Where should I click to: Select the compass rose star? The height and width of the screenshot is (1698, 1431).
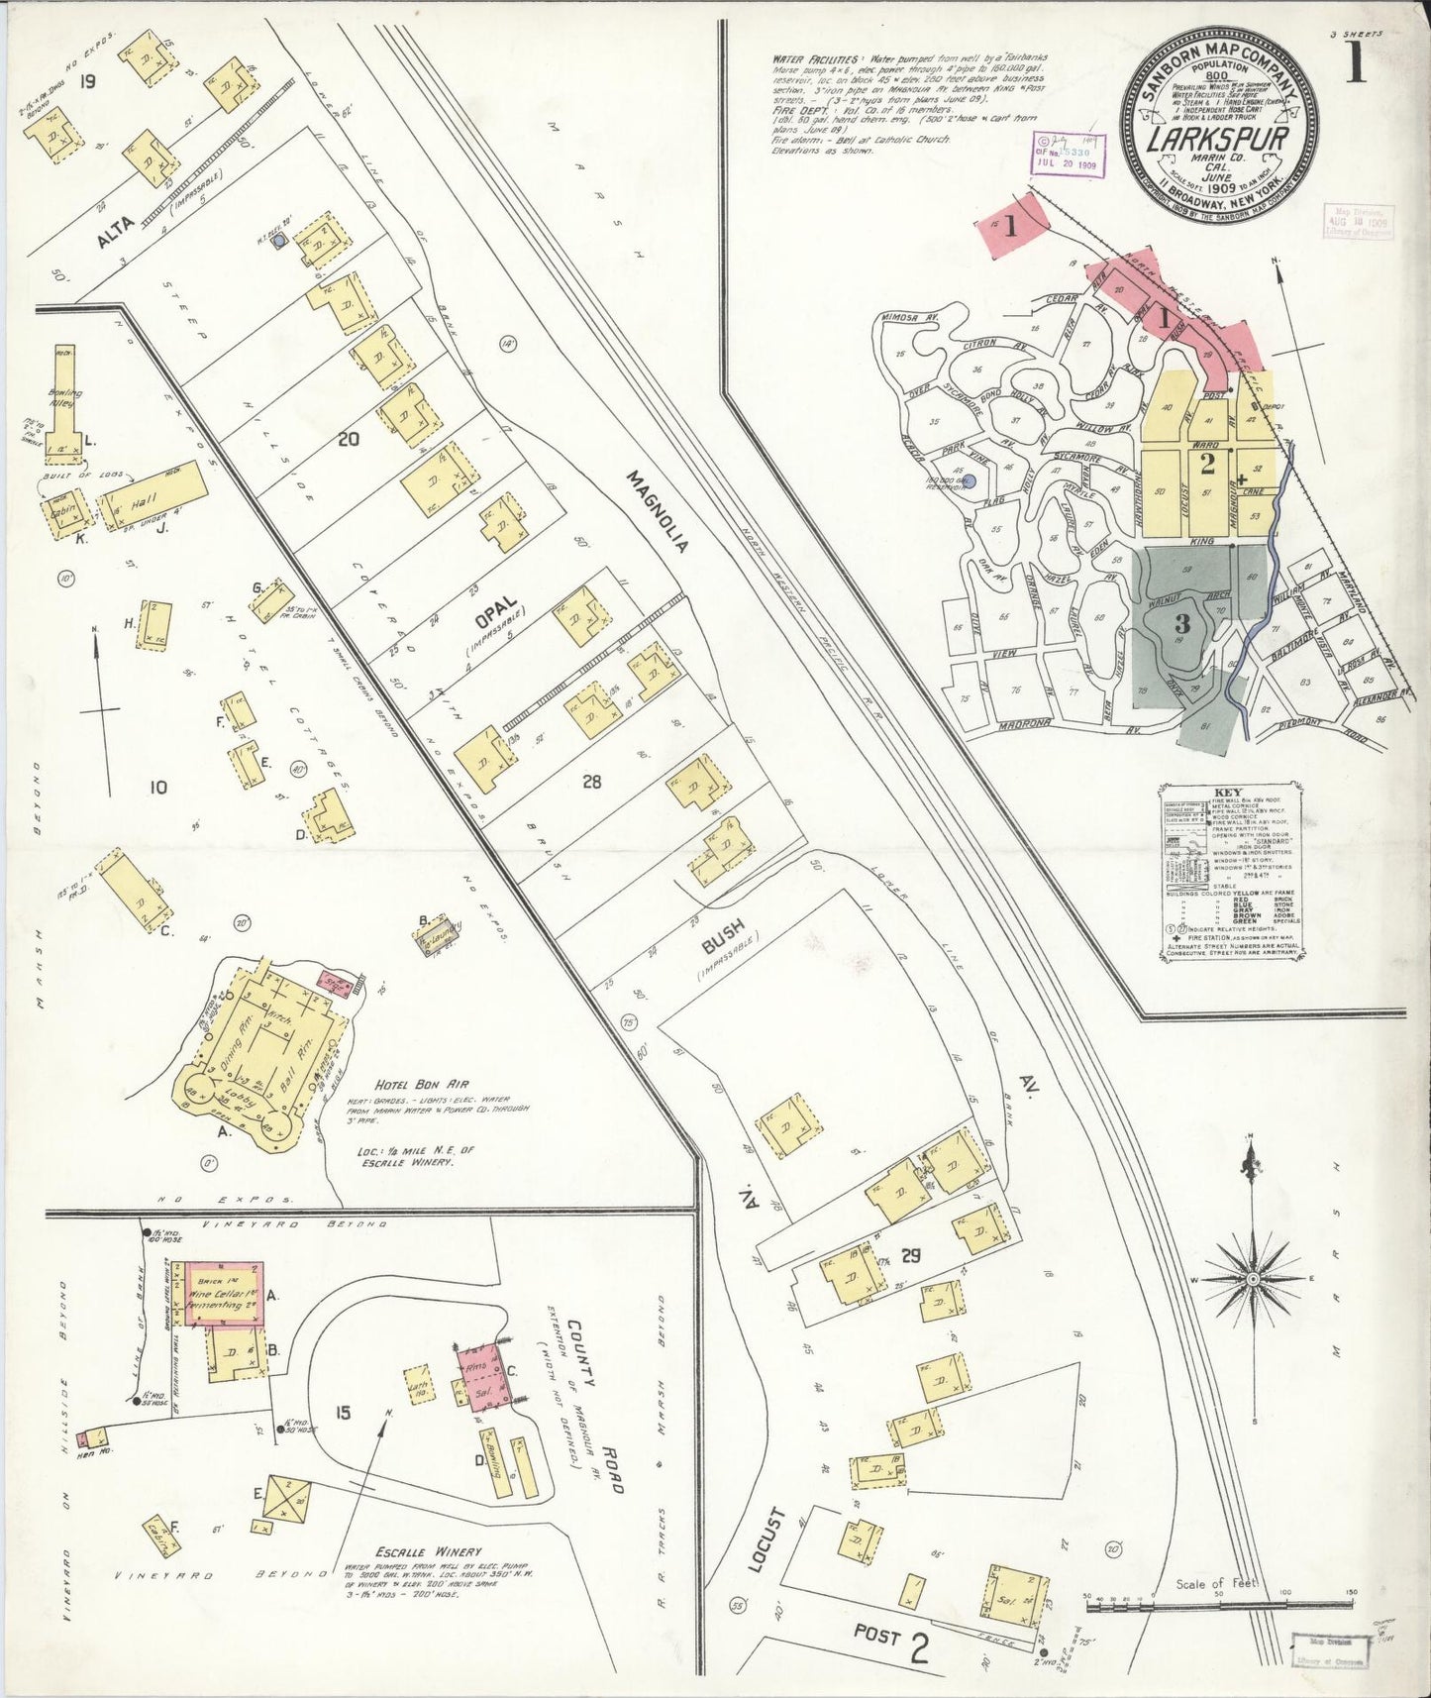[x=1253, y=1279]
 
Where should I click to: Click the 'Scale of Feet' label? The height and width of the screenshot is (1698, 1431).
[x=1216, y=1582]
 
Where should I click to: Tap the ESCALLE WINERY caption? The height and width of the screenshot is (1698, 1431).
[x=428, y=1551]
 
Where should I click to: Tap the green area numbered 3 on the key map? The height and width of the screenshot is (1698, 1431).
[x=1183, y=625]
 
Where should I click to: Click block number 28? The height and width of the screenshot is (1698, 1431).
[x=592, y=782]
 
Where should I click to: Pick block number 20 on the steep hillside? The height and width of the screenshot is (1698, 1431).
[x=348, y=439]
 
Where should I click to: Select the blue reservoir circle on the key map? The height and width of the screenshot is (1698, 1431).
[x=971, y=481]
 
